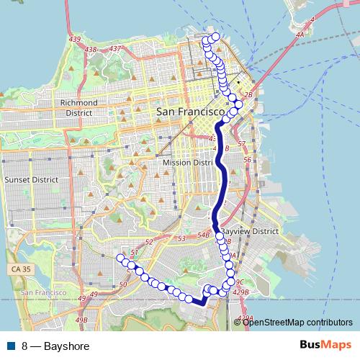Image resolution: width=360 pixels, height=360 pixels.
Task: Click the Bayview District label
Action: click(x=250, y=232)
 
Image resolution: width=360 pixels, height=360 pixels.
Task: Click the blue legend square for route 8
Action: click(x=11, y=346)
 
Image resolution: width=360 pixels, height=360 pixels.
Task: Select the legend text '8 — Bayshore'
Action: click(x=56, y=346)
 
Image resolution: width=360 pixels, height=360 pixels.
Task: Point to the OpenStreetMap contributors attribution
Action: click(x=297, y=322)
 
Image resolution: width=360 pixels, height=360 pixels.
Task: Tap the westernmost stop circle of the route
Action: click(x=120, y=257)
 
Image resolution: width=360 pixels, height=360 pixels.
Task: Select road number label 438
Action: click(x=91, y=49)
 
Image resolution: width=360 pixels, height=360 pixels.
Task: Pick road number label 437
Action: click(x=113, y=49)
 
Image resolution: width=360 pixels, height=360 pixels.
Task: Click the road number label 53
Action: click(x=181, y=238)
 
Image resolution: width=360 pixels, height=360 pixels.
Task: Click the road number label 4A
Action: click(x=302, y=33)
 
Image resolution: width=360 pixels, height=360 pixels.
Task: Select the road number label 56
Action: click(x=247, y=160)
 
